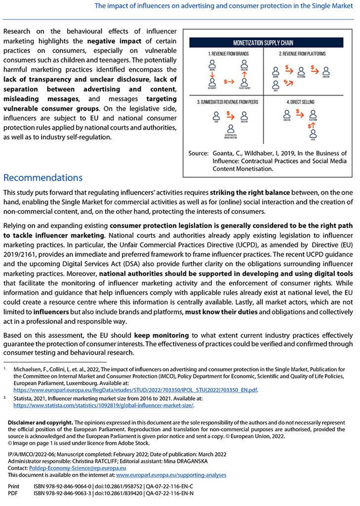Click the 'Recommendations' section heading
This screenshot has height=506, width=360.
point(43,177)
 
